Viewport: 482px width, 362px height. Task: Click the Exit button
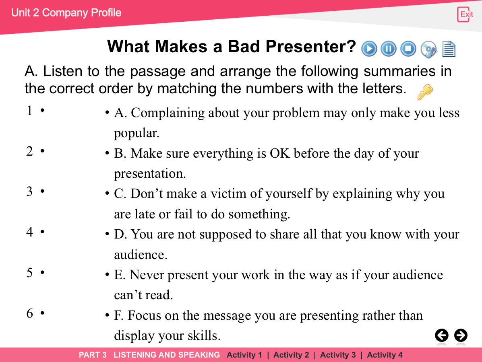[464, 14]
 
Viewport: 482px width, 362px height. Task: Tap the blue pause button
[389, 49]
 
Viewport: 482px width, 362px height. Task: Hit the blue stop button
[408, 49]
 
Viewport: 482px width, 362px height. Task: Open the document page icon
[449, 49]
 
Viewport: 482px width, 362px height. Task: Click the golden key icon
[425, 92]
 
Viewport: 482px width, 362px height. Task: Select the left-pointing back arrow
[442, 335]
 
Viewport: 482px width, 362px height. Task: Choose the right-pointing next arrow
[461, 335]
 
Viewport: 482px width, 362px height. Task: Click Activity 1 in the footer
[244, 355]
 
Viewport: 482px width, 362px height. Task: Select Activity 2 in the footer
[291, 355]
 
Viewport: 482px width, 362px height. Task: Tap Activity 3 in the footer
[338, 355]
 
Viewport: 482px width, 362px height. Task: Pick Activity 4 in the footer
[385, 355]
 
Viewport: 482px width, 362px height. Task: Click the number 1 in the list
[29, 111]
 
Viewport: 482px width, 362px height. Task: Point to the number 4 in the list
[29, 232]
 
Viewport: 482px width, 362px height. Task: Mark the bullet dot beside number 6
[42, 313]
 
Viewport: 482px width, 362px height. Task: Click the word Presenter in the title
[310, 47]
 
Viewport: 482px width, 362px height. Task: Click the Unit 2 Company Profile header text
[66, 13]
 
